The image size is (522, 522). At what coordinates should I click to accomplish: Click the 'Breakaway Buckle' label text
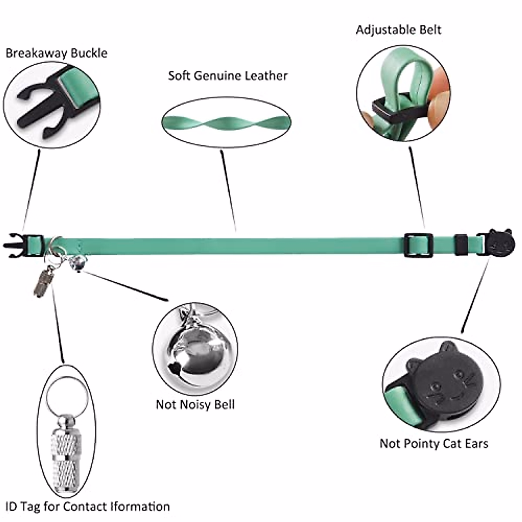(57, 54)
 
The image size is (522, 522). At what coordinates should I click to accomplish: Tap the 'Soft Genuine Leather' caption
(228, 76)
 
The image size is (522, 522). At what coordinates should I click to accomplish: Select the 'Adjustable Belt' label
(398, 30)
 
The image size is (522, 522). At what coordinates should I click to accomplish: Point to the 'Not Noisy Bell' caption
(195, 405)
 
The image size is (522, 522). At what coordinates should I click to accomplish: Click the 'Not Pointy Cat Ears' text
(434, 444)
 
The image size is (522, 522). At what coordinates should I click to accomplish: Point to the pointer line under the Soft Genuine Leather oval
(229, 191)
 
